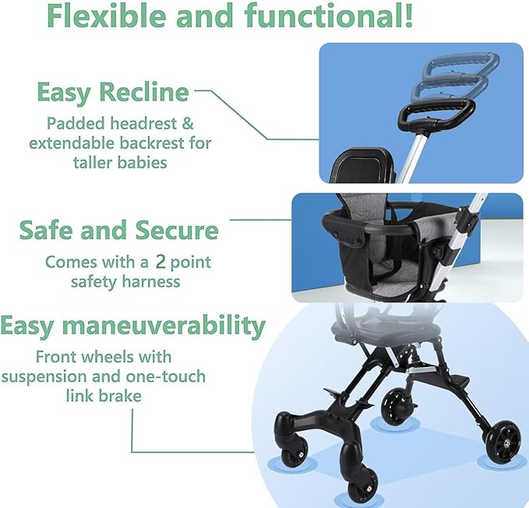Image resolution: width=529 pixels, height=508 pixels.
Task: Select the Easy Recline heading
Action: click(113, 93)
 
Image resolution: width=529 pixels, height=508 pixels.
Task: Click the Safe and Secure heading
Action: click(118, 231)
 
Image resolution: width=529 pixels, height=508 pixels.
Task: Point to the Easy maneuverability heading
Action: click(133, 325)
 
